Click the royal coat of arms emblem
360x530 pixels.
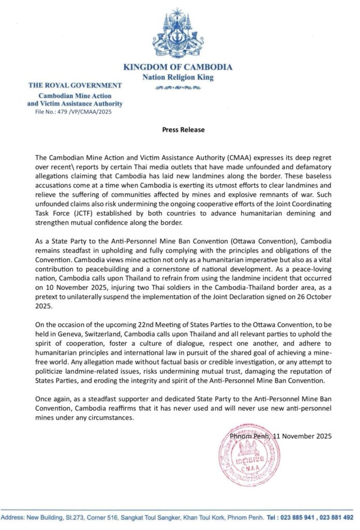[x=177, y=33]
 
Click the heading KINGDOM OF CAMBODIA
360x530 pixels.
[x=177, y=67]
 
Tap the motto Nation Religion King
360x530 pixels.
[x=177, y=78]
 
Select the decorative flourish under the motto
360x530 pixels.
[x=177, y=88]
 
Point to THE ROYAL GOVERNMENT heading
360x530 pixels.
[x=75, y=85]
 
